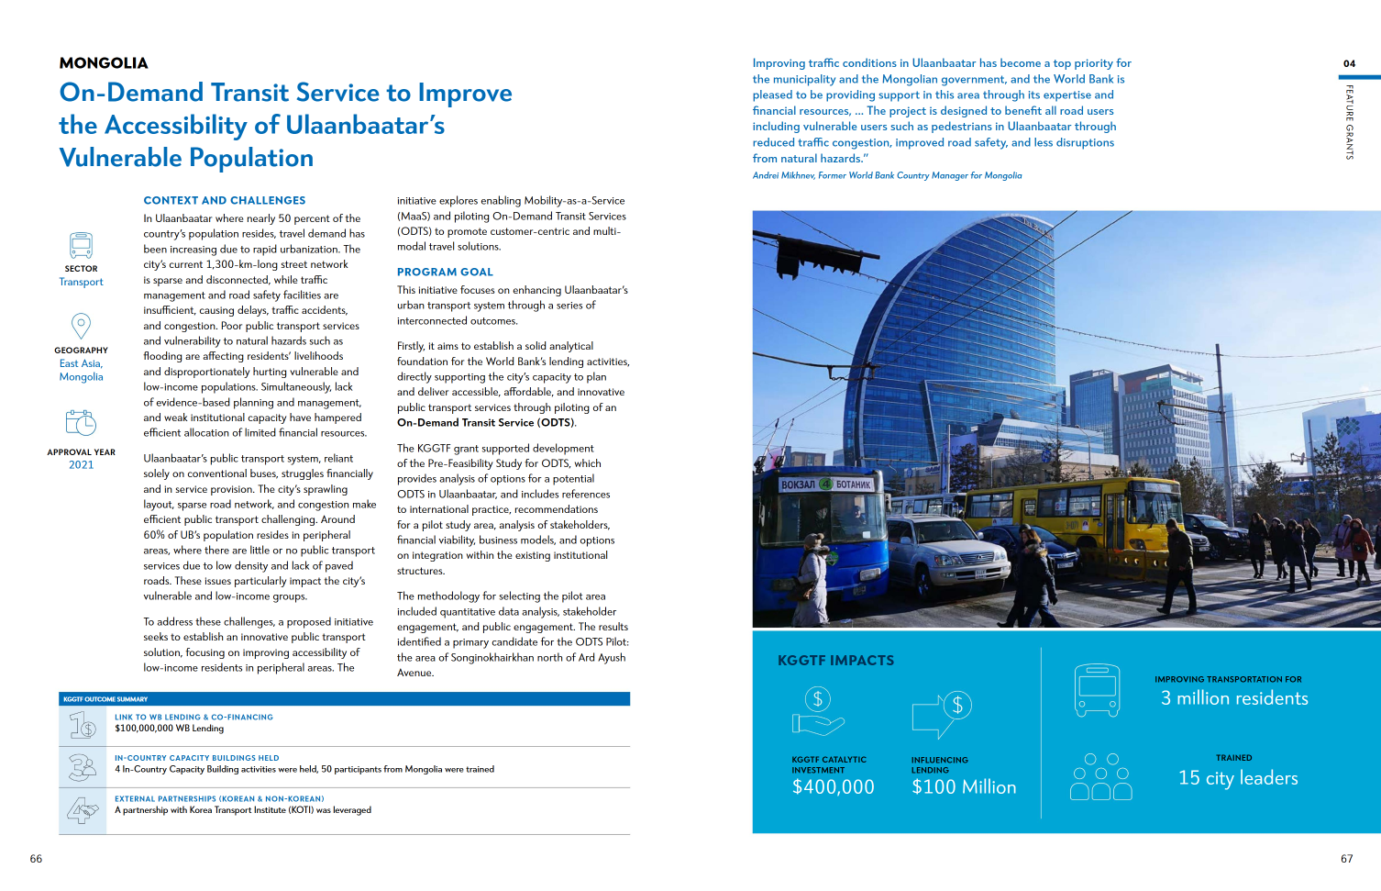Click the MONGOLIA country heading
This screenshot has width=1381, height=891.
pos(104,63)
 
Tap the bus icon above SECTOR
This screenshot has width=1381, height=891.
pos(81,245)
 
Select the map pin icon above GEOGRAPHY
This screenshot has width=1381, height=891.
pos(81,326)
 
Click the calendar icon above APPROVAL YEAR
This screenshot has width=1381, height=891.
pos(81,422)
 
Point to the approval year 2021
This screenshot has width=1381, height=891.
pos(81,465)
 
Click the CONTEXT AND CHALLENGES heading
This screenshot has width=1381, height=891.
pos(225,200)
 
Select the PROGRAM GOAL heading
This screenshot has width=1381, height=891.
pos(445,273)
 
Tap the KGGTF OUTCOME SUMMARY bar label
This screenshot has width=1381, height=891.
pos(105,699)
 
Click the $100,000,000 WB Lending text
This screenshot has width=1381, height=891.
pos(170,729)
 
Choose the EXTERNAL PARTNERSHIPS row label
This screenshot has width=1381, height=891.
pos(219,799)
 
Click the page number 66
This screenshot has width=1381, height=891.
pos(36,859)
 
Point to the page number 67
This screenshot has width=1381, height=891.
pos(1346,859)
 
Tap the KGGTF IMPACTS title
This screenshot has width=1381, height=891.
pos(835,661)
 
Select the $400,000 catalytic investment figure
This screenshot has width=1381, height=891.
pos(833,787)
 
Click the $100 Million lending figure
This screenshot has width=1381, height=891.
pos(964,787)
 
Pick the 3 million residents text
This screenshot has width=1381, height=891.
pos(1234,698)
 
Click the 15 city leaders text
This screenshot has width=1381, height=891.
pos(1238,778)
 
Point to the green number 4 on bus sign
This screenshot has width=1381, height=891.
pos(825,484)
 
